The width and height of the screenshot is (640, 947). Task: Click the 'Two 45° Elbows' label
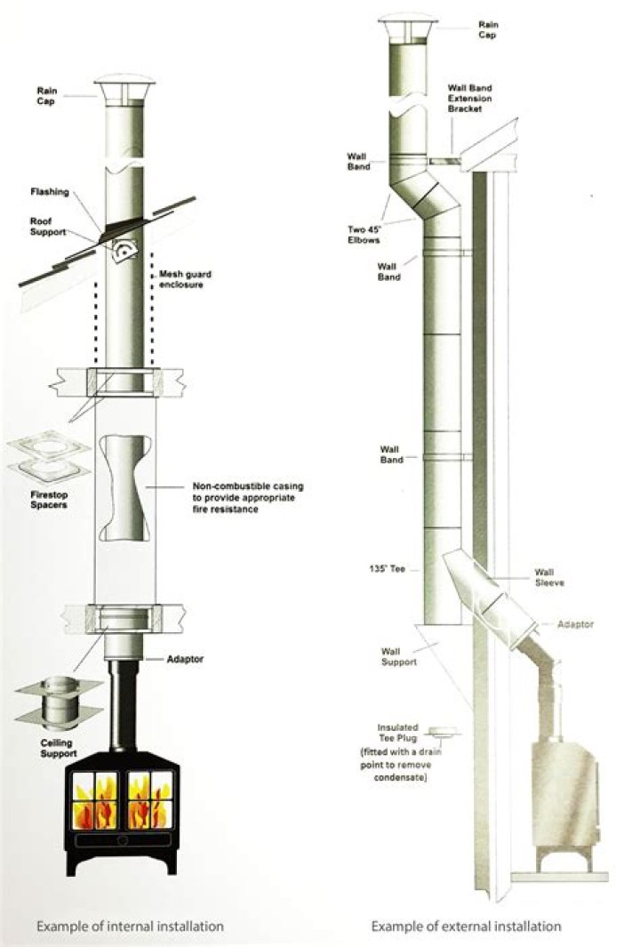click(366, 233)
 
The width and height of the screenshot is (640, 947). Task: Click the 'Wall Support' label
click(396, 657)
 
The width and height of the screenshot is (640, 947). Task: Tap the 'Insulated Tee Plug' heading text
click(397, 731)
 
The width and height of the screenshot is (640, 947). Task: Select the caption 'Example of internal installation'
click(130, 926)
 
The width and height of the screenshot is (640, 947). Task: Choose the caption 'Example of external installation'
click(466, 926)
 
